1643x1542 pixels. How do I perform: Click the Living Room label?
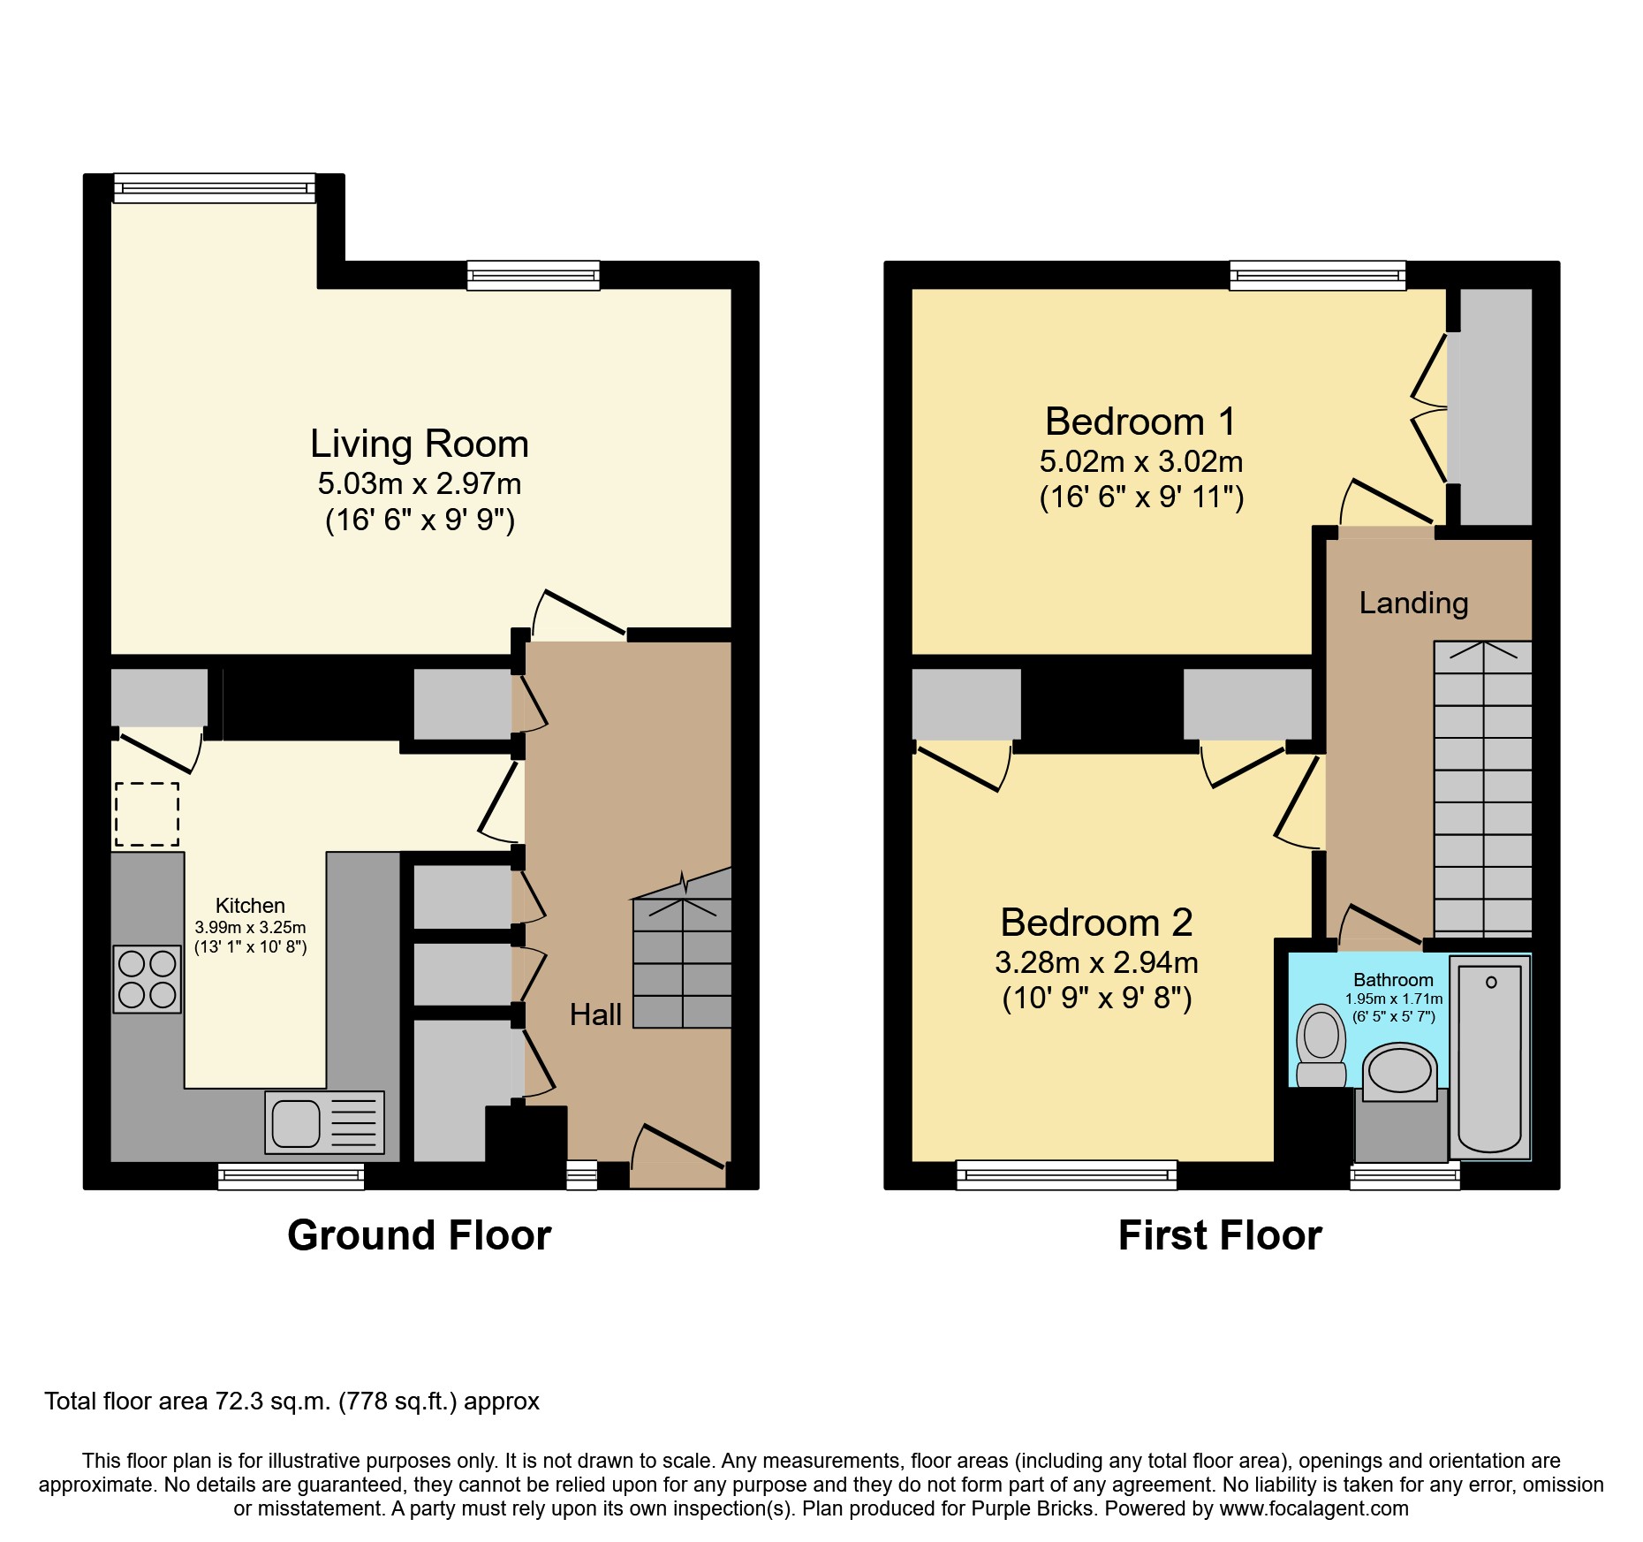click(419, 444)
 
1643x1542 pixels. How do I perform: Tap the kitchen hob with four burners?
click(147, 978)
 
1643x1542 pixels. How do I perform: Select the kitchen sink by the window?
click(324, 1123)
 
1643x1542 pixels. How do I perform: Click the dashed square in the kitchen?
click(147, 814)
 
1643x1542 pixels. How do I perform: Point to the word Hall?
click(595, 1014)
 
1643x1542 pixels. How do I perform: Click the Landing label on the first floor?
click(1412, 603)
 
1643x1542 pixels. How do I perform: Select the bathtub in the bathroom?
click(1490, 1058)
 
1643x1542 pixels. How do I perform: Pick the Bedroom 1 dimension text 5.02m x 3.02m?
click(1140, 461)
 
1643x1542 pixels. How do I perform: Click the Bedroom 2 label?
click(1096, 923)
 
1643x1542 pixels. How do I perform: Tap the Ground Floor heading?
click(419, 1234)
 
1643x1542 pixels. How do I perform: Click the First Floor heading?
click(1219, 1234)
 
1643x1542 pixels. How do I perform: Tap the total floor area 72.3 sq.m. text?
click(291, 1401)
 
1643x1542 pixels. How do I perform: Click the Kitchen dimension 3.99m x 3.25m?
click(250, 928)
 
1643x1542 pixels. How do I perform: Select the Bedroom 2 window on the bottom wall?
click(1066, 1175)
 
